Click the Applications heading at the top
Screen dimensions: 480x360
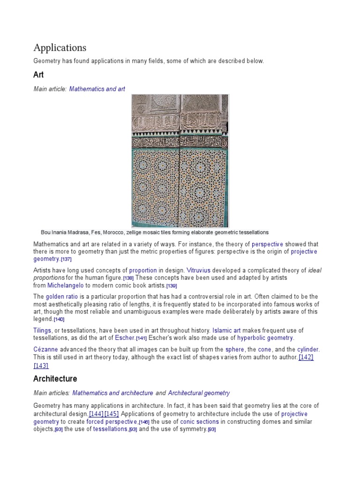[60, 48]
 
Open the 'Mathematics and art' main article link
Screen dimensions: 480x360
[97, 89]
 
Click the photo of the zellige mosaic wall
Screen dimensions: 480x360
[180, 160]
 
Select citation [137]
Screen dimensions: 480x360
[66, 259]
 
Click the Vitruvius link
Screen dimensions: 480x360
[199, 270]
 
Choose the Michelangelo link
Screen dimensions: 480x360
[66, 285]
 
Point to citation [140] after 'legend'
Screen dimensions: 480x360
[59, 319]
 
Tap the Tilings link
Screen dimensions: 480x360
[43, 330]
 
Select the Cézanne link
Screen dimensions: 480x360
[45, 350]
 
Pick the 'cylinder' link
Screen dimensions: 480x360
[307, 350]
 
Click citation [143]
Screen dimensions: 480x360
[41, 366]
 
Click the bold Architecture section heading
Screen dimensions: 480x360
[55, 379]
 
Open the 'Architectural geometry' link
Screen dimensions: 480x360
[199, 393]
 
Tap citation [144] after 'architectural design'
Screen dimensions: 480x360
[96, 414]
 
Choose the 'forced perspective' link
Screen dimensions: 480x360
[112, 421]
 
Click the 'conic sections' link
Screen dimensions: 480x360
[199, 421]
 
